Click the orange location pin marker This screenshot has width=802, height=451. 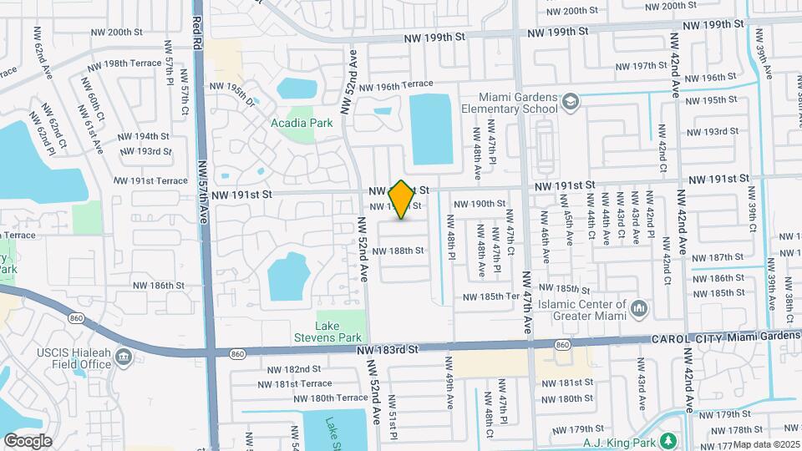pos(402,200)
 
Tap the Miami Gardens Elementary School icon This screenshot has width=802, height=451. pos(571,101)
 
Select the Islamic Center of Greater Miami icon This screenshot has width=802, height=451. pos(639,309)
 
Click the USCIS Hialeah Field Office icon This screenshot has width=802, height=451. pos(124,358)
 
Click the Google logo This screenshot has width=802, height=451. pos(28,440)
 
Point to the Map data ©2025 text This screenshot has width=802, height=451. pos(767,444)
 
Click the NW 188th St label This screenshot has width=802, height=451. pos(398,250)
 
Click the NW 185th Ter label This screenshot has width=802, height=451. pos(495,296)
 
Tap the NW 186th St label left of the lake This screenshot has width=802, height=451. pos(155,285)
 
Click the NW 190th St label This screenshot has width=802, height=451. pos(480,203)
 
